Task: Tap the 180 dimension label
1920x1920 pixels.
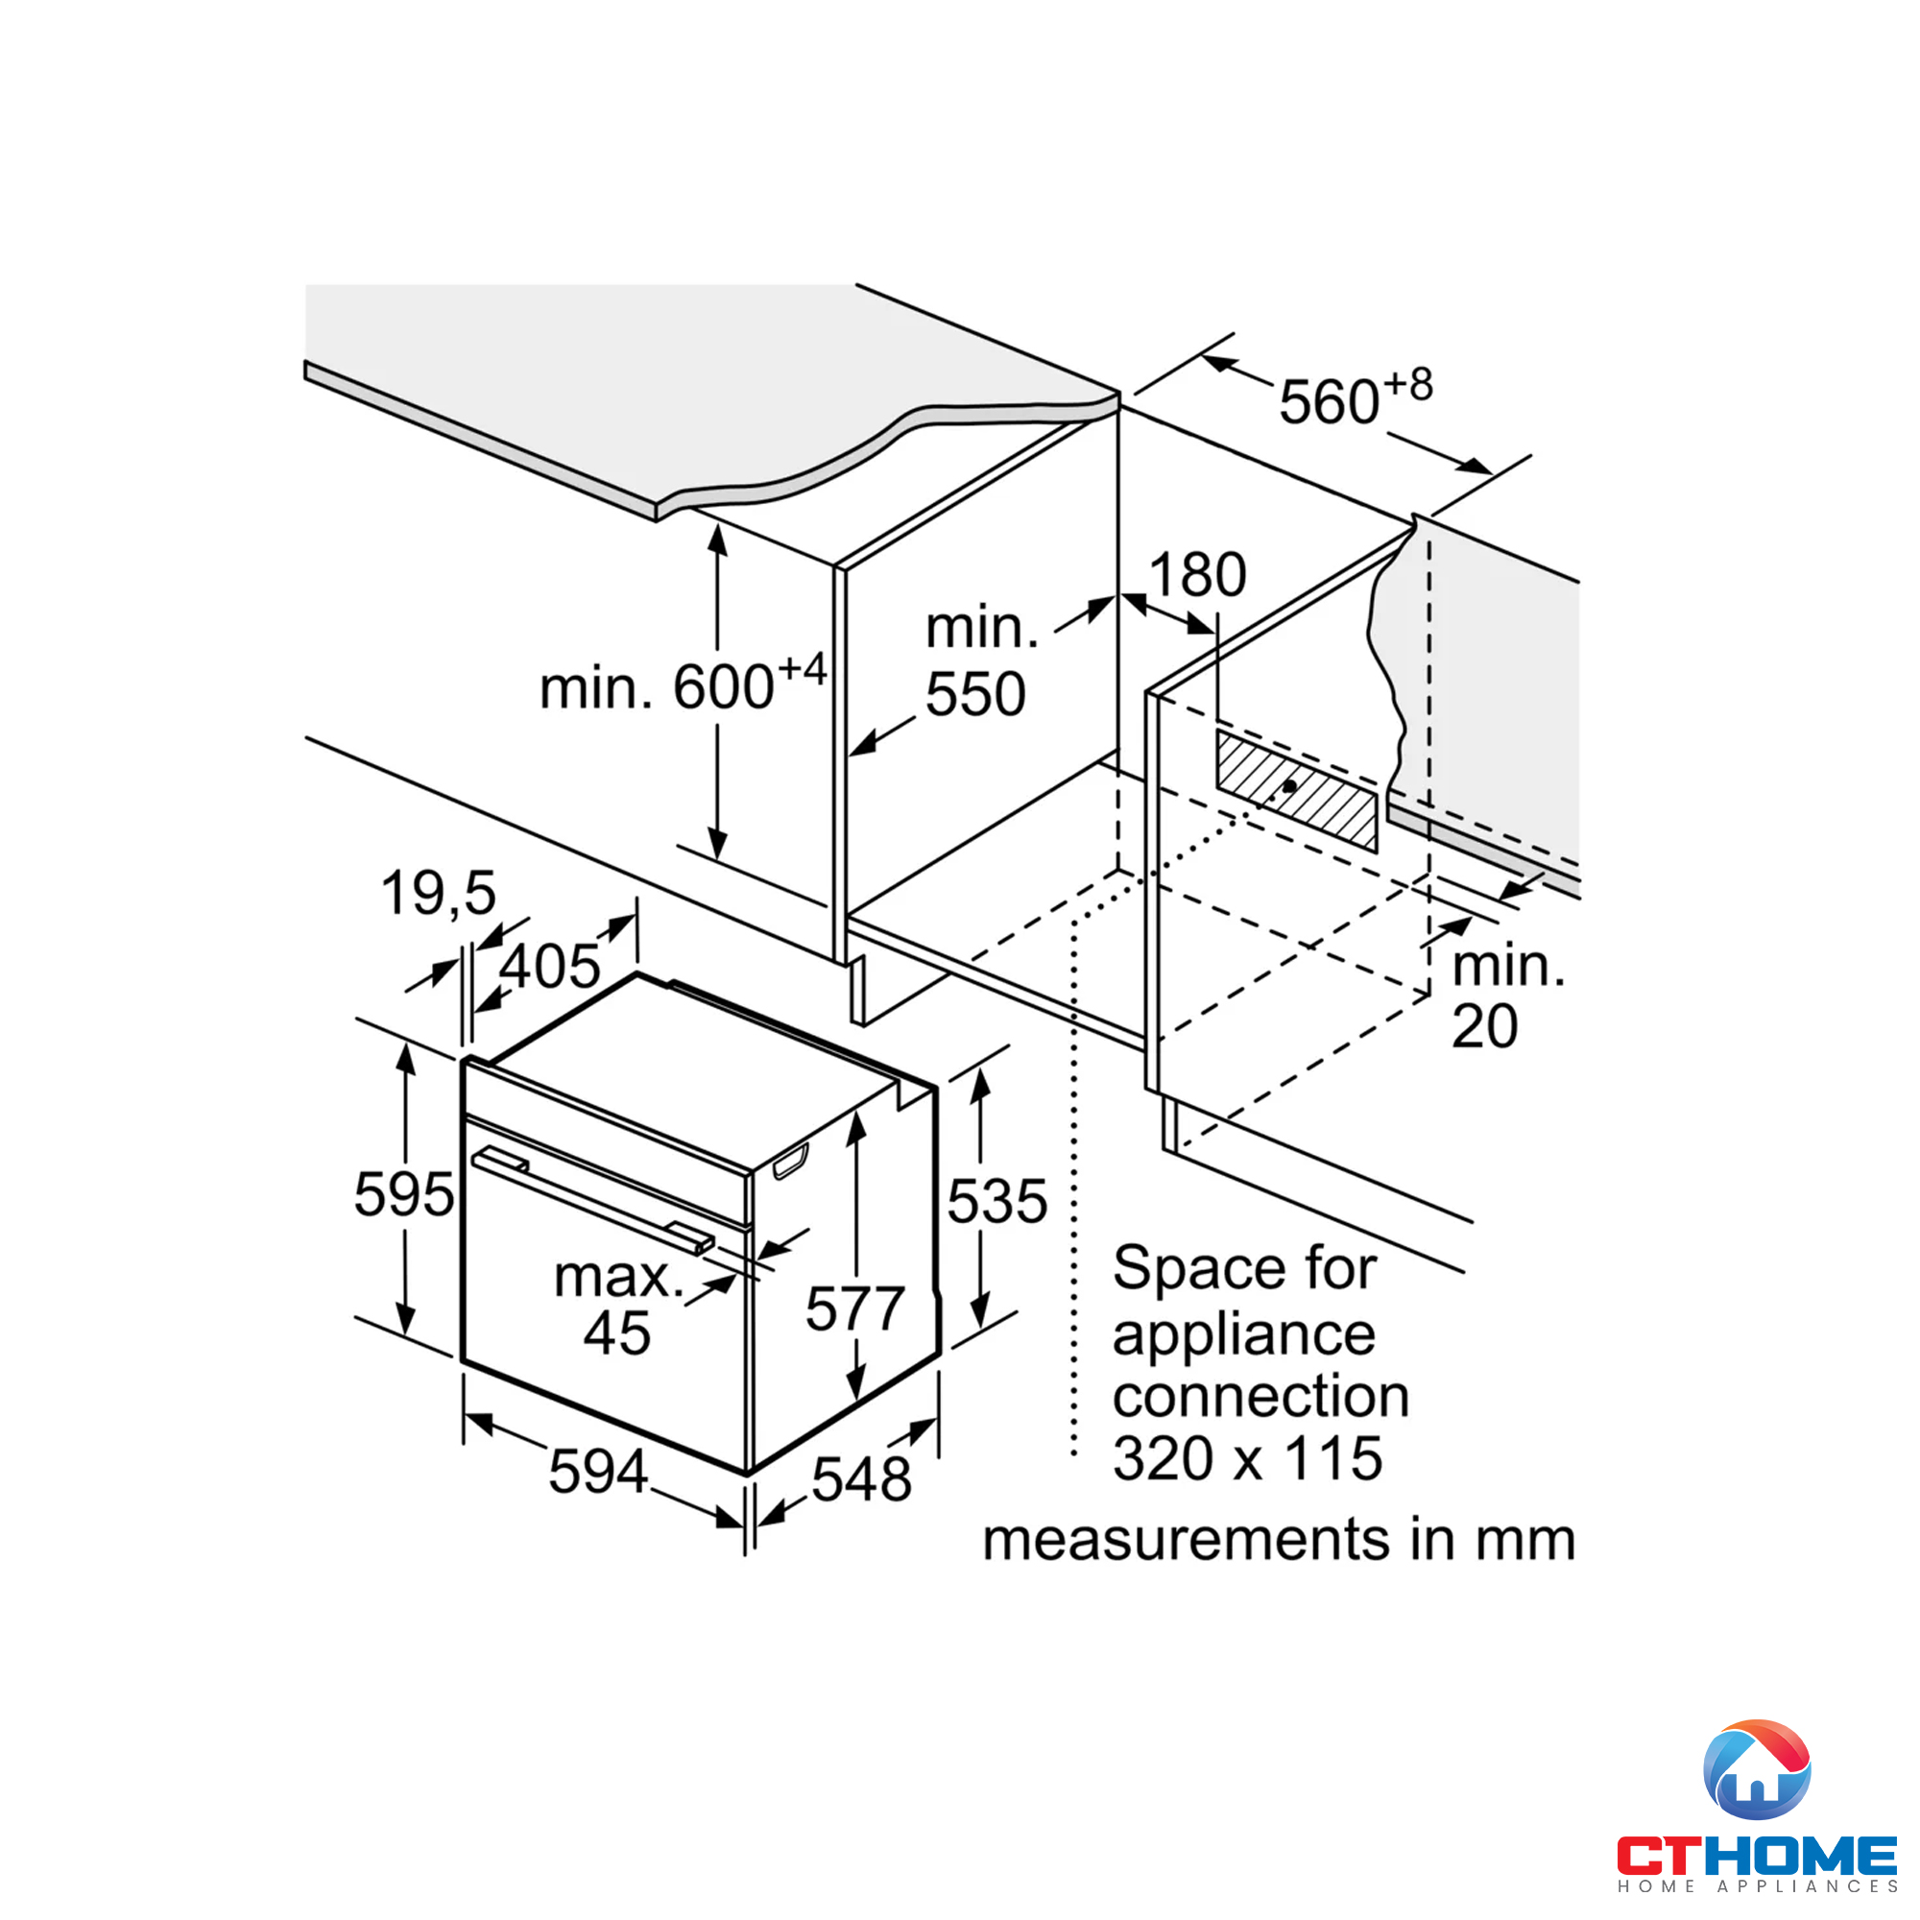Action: [x=1196, y=574]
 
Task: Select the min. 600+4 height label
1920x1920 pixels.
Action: [x=682, y=684]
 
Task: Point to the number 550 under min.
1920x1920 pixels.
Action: [x=975, y=694]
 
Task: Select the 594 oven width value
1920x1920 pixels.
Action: [x=597, y=1472]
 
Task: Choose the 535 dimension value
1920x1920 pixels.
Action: [x=996, y=1202]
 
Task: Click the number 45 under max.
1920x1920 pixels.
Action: [x=616, y=1333]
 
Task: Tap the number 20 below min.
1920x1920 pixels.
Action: [x=1484, y=1026]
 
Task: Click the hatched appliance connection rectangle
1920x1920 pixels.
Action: [x=1296, y=791]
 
